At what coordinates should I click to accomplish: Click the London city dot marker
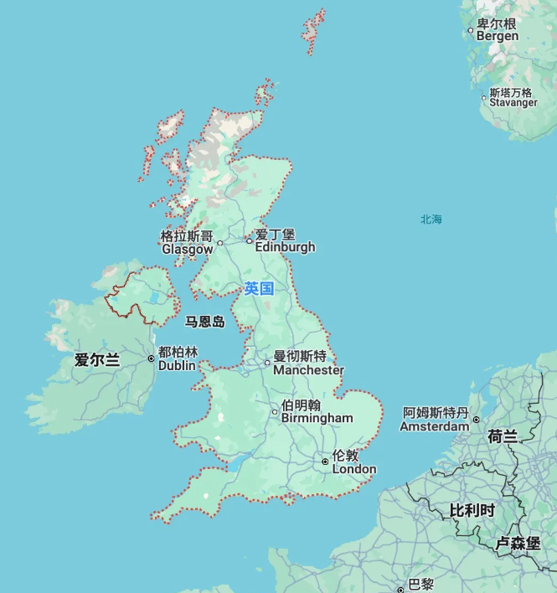click(x=325, y=462)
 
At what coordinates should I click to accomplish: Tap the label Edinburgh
click(x=285, y=247)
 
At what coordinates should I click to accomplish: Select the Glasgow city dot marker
click(x=220, y=244)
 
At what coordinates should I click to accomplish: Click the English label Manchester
click(x=308, y=370)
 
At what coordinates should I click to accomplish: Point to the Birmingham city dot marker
click(x=275, y=411)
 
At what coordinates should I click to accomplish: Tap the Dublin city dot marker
click(x=152, y=358)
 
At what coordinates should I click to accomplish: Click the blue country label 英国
click(x=259, y=289)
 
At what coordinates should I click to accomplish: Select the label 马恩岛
click(x=205, y=322)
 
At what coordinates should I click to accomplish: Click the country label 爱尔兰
click(x=97, y=360)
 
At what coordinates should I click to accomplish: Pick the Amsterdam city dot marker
click(x=476, y=420)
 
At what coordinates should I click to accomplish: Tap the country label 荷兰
click(x=503, y=436)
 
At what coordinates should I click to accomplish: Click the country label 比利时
click(x=472, y=510)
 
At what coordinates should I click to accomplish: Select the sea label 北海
click(x=431, y=219)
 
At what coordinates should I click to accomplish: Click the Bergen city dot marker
click(x=471, y=31)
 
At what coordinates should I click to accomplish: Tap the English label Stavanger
click(x=513, y=103)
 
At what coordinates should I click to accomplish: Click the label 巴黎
click(x=420, y=584)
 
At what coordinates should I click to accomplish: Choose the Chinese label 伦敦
click(x=345, y=456)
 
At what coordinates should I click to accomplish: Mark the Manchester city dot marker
click(x=267, y=364)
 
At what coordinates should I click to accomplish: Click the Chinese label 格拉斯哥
click(x=187, y=236)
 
